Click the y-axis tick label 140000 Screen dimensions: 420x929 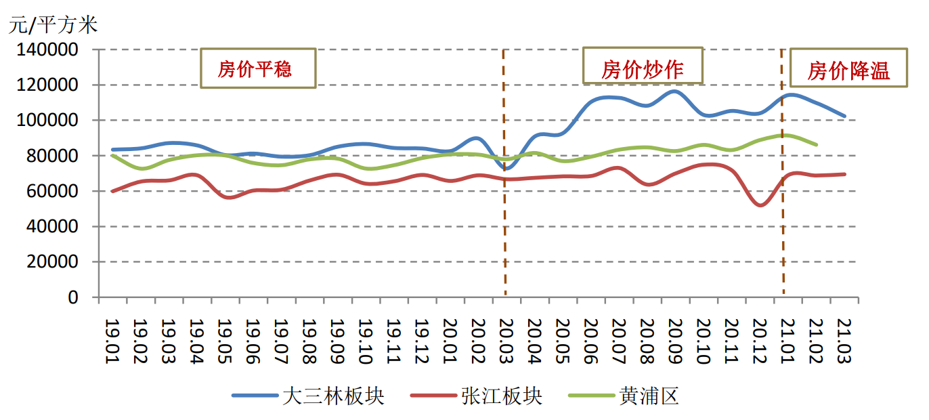(x=51, y=50)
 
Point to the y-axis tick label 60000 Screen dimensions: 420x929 (x=57, y=192)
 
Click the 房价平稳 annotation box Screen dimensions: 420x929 (x=258, y=68)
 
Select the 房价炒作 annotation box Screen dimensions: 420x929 (x=643, y=68)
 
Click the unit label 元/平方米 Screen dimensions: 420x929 (x=53, y=25)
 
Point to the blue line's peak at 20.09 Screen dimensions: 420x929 (x=674, y=91)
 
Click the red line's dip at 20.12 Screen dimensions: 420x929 (x=760, y=205)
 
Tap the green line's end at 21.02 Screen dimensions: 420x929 (x=817, y=144)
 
